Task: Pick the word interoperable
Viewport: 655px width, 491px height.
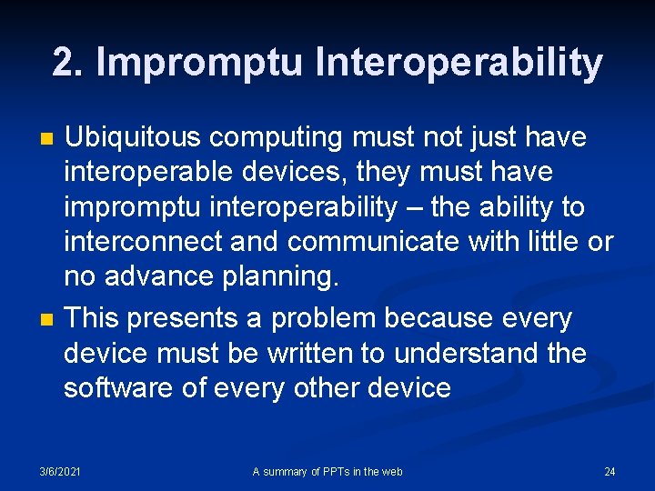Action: click(x=143, y=173)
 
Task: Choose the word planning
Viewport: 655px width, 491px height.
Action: click(x=289, y=277)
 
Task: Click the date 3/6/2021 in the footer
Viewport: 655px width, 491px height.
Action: click(x=60, y=471)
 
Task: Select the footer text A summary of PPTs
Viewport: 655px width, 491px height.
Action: click(x=327, y=471)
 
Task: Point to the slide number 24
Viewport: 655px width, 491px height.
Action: click(x=610, y=471)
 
